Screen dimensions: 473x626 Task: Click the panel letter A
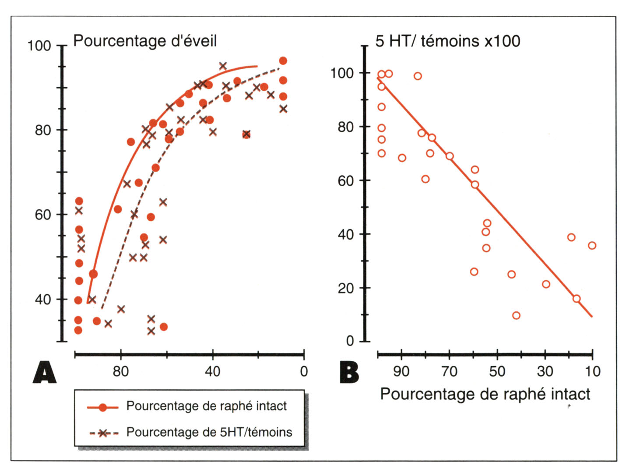tap(45, 373)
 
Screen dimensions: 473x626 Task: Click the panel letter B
tap(349, 373)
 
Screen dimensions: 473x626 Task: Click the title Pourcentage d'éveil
tap(145, 41)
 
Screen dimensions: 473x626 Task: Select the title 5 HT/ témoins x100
tap(447, 41)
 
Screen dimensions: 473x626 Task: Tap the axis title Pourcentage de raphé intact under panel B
tap(485, 394)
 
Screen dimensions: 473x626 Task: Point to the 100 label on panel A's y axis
tap(39, 46)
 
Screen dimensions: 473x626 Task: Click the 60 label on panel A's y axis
tap(43, 215)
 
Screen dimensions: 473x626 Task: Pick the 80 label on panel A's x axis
tap(121, 371)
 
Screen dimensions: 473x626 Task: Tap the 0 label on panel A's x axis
tap(304, 371)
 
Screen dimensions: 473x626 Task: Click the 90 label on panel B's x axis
tap(401, 371)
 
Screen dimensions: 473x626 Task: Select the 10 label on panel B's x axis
tap(592, 371)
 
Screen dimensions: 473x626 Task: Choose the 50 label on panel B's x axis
tap(497, 371)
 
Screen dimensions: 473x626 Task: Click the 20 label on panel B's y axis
tap(346, 288)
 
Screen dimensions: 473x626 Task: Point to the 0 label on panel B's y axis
tap(350, 341)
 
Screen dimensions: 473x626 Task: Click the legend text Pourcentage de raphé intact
tap(206, 406)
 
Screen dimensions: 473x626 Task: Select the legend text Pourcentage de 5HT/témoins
tap(209, 432)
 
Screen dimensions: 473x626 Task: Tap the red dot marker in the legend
tap(103, 407)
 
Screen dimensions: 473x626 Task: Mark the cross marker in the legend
tap(103, 433)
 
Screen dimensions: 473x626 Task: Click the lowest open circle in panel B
tap(516, 315)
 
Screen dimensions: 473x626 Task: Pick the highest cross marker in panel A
tap(223, 66)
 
